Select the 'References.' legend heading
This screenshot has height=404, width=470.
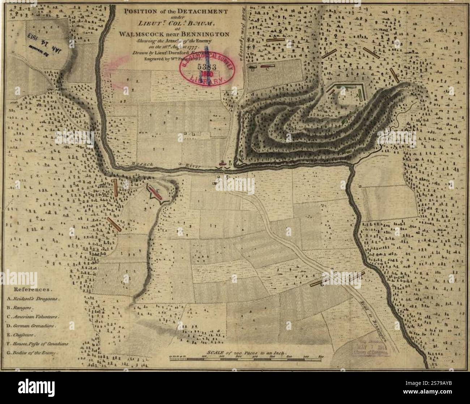coord(33,290)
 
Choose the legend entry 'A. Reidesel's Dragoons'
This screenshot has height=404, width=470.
coord(33,299)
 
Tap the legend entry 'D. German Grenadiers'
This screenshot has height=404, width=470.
coord(31,326)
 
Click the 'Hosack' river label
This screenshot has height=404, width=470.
coord(144,164)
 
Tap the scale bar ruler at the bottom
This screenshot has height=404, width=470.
coord(246,359)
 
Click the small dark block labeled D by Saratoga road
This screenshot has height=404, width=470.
coord(253,66)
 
